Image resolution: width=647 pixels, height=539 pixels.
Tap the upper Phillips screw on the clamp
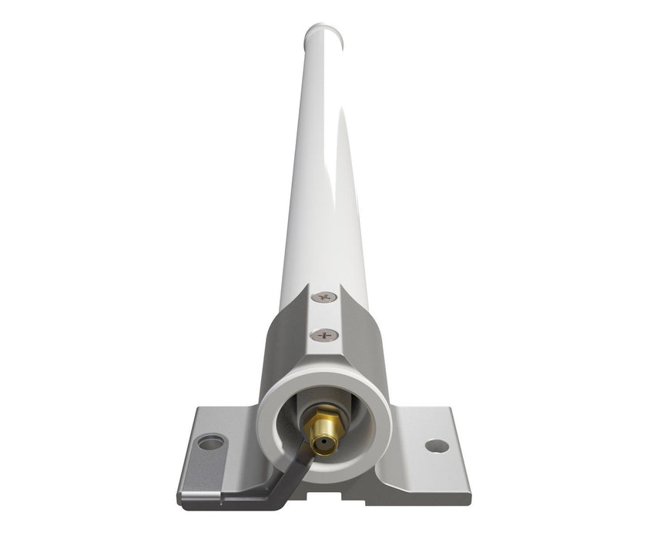pyautogui.click(x=324, y=296)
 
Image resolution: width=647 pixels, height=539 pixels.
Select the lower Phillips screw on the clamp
pyautogui.click(x=324, y=335)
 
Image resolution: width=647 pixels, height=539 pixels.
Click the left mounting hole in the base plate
pyautogui.click(x=210, y=442)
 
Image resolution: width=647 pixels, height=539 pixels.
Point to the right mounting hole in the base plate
pyautogui.click(x=436, y=446)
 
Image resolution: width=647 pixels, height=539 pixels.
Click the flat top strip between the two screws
pyautogui.click(x=324, y=316)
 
